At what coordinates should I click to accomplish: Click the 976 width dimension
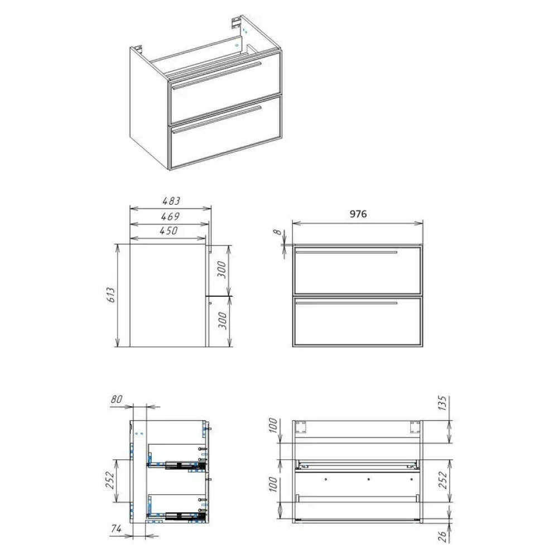(x=358, y=214)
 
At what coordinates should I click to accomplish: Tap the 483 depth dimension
(x=171, y=201)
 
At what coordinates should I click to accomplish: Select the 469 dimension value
(x=170, y=216)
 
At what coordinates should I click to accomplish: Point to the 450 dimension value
(x=169, y=230)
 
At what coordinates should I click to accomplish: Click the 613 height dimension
(x=111, y=295)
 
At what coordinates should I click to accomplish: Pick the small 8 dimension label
(x=277, y=232)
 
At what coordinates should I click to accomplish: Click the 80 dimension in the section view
(x=116, y=399)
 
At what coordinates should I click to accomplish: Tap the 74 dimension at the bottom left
(x=116, y=528)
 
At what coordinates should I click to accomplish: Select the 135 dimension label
(x=442, y=402)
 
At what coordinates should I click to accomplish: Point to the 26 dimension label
(x=442, y=536)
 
